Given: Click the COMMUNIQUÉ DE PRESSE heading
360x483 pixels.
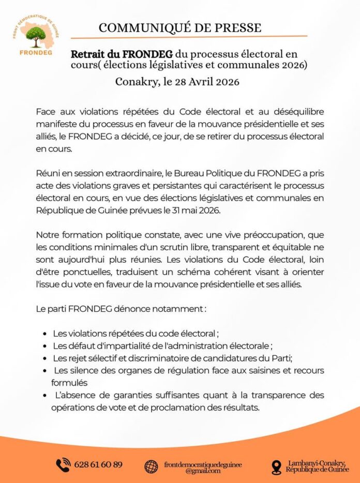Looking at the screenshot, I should point(180,27).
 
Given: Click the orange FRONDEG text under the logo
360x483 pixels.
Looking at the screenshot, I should point(35,52).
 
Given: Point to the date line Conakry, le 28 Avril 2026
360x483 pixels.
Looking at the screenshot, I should point(177,81).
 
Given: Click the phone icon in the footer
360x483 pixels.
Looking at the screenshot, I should point(63,464).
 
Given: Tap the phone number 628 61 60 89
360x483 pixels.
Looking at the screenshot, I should point(98,464).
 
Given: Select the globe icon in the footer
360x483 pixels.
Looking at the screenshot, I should point(152,466).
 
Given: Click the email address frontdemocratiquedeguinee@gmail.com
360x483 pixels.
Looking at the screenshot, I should point(202,467).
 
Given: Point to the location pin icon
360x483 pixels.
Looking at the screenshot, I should point(276,467).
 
